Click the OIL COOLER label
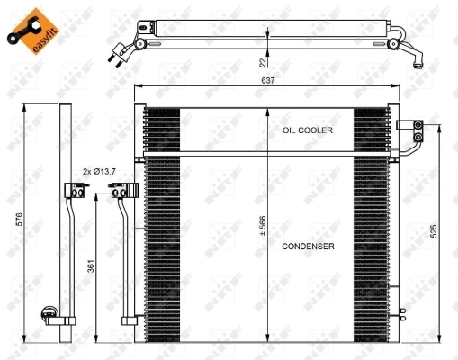(x=308, y=130)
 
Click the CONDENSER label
(x=308, y=246)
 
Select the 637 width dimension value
(x=268, y=80)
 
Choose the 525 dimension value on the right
(x=434, y=232)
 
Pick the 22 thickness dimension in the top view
(x=262, y=61)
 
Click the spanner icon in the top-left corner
(x=15, y=35)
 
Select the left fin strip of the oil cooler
(x=162, y=130)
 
